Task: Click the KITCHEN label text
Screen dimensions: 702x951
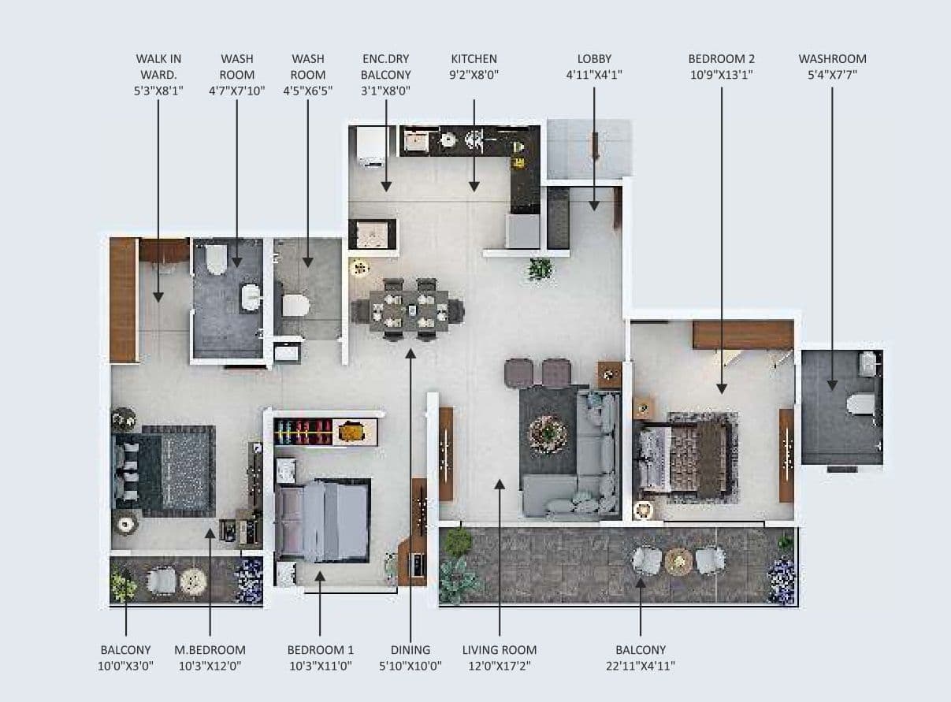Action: [474, 59]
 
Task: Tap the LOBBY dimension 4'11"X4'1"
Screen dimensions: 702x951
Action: [594, 75]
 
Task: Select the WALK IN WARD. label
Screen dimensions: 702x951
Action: [158, 66]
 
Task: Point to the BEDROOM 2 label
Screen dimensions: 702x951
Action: [721, 59]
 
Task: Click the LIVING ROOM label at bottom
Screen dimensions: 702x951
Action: [500, 650]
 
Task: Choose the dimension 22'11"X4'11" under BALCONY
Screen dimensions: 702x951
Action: [640, 666]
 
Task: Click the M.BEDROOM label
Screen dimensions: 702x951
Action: [210, 650]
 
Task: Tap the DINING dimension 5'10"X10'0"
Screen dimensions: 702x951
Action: [410, 666]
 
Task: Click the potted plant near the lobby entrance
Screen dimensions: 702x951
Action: [540, 269]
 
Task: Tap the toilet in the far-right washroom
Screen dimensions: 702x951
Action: [860, 404]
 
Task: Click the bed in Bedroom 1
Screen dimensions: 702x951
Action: [323, 521]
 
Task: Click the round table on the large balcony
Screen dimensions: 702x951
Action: [678, 561]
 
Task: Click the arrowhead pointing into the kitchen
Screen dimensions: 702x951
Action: [474, 187]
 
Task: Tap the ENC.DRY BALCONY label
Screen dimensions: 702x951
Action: [386, 67]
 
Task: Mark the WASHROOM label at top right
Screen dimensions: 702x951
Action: [832, 59]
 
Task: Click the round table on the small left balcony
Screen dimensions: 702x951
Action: [192, 581]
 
